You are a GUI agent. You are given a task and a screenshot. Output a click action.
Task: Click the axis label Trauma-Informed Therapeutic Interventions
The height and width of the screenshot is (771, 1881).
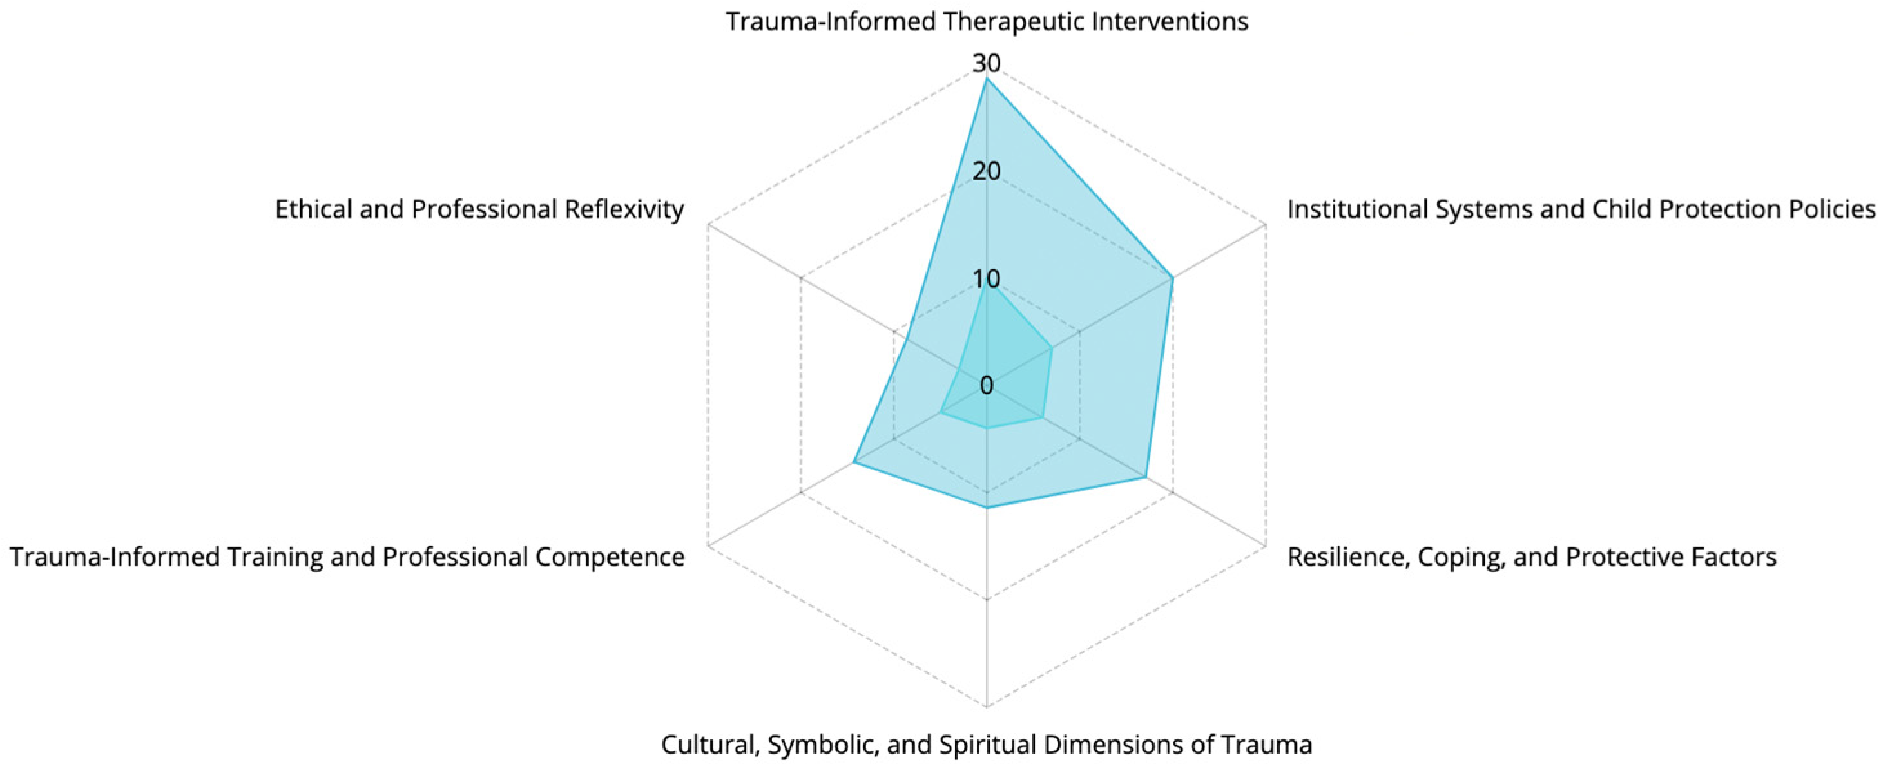[x=987, y=22]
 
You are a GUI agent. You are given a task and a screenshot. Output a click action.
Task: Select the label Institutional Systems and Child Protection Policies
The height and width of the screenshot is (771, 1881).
[x=1581, y=209]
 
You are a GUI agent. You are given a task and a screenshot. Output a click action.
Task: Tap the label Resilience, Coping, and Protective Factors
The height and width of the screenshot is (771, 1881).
[x=1531, y=557]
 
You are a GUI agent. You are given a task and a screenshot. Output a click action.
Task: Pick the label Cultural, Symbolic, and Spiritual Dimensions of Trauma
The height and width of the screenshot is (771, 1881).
[x=987, y=745]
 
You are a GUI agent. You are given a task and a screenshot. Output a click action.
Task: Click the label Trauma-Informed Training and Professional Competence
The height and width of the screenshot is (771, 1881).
[x=347, y=557]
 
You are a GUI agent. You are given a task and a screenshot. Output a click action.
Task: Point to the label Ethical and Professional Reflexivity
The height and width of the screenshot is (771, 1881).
[x=479, y=209]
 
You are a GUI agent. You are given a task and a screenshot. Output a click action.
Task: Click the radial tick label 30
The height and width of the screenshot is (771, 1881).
[x=987, y=64]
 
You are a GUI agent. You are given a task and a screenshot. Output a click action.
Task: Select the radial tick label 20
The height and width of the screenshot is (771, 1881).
[x=987, y=171]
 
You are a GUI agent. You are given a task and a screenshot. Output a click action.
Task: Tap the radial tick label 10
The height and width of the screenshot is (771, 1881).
[x=987, y=279]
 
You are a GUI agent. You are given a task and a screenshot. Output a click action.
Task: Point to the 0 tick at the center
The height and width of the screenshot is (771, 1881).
[x=987, y=385]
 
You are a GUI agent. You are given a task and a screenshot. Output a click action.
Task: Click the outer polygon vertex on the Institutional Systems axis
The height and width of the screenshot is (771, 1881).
[x=1173, y=278]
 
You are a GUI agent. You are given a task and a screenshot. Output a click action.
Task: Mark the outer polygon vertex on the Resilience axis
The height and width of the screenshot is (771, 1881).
[x=1146, y=477]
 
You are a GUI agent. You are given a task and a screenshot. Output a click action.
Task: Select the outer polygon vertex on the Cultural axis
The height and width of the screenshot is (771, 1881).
[x=987, y=508]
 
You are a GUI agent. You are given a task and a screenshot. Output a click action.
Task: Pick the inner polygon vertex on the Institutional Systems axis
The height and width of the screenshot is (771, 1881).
[x=1052, y=348]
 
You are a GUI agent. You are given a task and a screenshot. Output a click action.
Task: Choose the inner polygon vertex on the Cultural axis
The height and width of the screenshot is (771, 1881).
[x=987, y=428]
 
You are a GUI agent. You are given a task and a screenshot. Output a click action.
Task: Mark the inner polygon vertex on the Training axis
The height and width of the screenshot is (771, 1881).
[x=941, y=412]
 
